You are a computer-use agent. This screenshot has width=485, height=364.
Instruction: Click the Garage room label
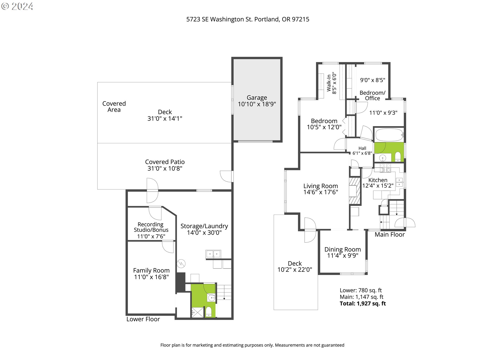[x=257, y=98]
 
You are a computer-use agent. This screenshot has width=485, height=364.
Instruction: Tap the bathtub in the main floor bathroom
[x=389, y=135]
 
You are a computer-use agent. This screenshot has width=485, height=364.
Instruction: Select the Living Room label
[x=321, y=186]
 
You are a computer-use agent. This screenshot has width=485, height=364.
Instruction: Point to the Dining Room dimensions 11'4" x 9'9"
[x=343, y=256]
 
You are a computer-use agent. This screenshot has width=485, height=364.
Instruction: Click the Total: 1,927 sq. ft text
[x=363, y=304]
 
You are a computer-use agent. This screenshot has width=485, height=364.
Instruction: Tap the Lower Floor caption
[x=143, y=319]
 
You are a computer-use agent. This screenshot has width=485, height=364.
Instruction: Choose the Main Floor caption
[x=390, y=235]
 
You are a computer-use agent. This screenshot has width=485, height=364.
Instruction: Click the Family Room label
[x=151, y=270]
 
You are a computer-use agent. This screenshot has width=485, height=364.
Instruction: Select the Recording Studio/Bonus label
[x=151, y=227]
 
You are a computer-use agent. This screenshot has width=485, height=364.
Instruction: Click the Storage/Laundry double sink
[x=213, y=254]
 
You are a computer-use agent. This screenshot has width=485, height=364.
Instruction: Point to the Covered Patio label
[x=165, y=162]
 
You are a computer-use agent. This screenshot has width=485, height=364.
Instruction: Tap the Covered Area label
[x=114, y=107]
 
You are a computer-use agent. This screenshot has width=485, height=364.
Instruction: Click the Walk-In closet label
[x=329, y=83]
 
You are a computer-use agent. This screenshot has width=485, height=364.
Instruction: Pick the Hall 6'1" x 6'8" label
[x=362, y=151]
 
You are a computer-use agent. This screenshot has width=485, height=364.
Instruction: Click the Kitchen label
[x=378, y=180]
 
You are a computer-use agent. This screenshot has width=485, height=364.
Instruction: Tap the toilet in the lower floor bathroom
[x=208, y=312]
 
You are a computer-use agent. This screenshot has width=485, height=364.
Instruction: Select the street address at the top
[x=248, y=19]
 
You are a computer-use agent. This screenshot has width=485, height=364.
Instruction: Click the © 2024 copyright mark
[x=17, y=6]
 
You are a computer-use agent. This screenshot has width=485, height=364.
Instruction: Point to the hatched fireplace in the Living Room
[x=354, y=191]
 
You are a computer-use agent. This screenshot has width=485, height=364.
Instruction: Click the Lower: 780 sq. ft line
[x=360, y=290]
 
